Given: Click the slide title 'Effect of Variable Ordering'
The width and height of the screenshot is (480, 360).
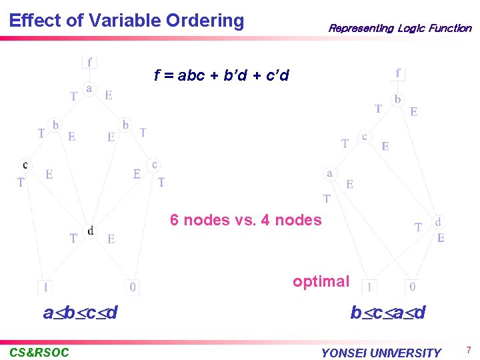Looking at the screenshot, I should (127, 20).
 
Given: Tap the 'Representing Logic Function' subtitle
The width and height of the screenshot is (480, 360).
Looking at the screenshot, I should (399, 29).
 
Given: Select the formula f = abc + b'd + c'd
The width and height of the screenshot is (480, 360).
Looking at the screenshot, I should (221, 75).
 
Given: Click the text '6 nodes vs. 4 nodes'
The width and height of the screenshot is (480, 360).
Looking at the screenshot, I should (245, 220).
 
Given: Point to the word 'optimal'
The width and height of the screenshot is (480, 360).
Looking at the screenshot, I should (321, 281).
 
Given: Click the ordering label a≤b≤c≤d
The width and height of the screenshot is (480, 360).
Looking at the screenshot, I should (80, 312).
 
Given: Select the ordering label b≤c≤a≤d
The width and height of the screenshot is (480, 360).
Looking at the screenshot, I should (388, 313).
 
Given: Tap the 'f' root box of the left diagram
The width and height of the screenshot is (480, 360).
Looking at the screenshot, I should (89, 61).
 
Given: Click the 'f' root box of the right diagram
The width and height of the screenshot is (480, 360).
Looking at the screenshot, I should (398, 73).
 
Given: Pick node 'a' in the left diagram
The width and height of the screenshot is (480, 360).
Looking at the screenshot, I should (89, 88).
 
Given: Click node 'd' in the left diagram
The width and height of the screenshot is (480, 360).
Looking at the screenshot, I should (91, 231).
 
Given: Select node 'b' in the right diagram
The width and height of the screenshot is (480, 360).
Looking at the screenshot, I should (398, 99).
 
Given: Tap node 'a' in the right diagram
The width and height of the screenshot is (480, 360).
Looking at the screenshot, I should (329, 173).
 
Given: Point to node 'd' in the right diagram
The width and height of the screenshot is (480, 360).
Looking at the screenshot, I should (438, 221).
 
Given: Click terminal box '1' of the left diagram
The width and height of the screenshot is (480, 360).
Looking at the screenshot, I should (45, 287).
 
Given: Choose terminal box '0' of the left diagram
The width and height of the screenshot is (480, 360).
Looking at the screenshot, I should (133, 287).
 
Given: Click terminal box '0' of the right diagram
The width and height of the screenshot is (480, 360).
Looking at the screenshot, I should (413, 287).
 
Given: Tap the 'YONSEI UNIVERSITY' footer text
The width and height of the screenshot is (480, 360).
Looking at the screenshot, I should (381, 353).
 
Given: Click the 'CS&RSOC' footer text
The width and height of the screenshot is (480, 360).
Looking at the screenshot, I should (39, 352).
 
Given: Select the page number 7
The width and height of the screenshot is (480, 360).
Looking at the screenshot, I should (469, 351).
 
